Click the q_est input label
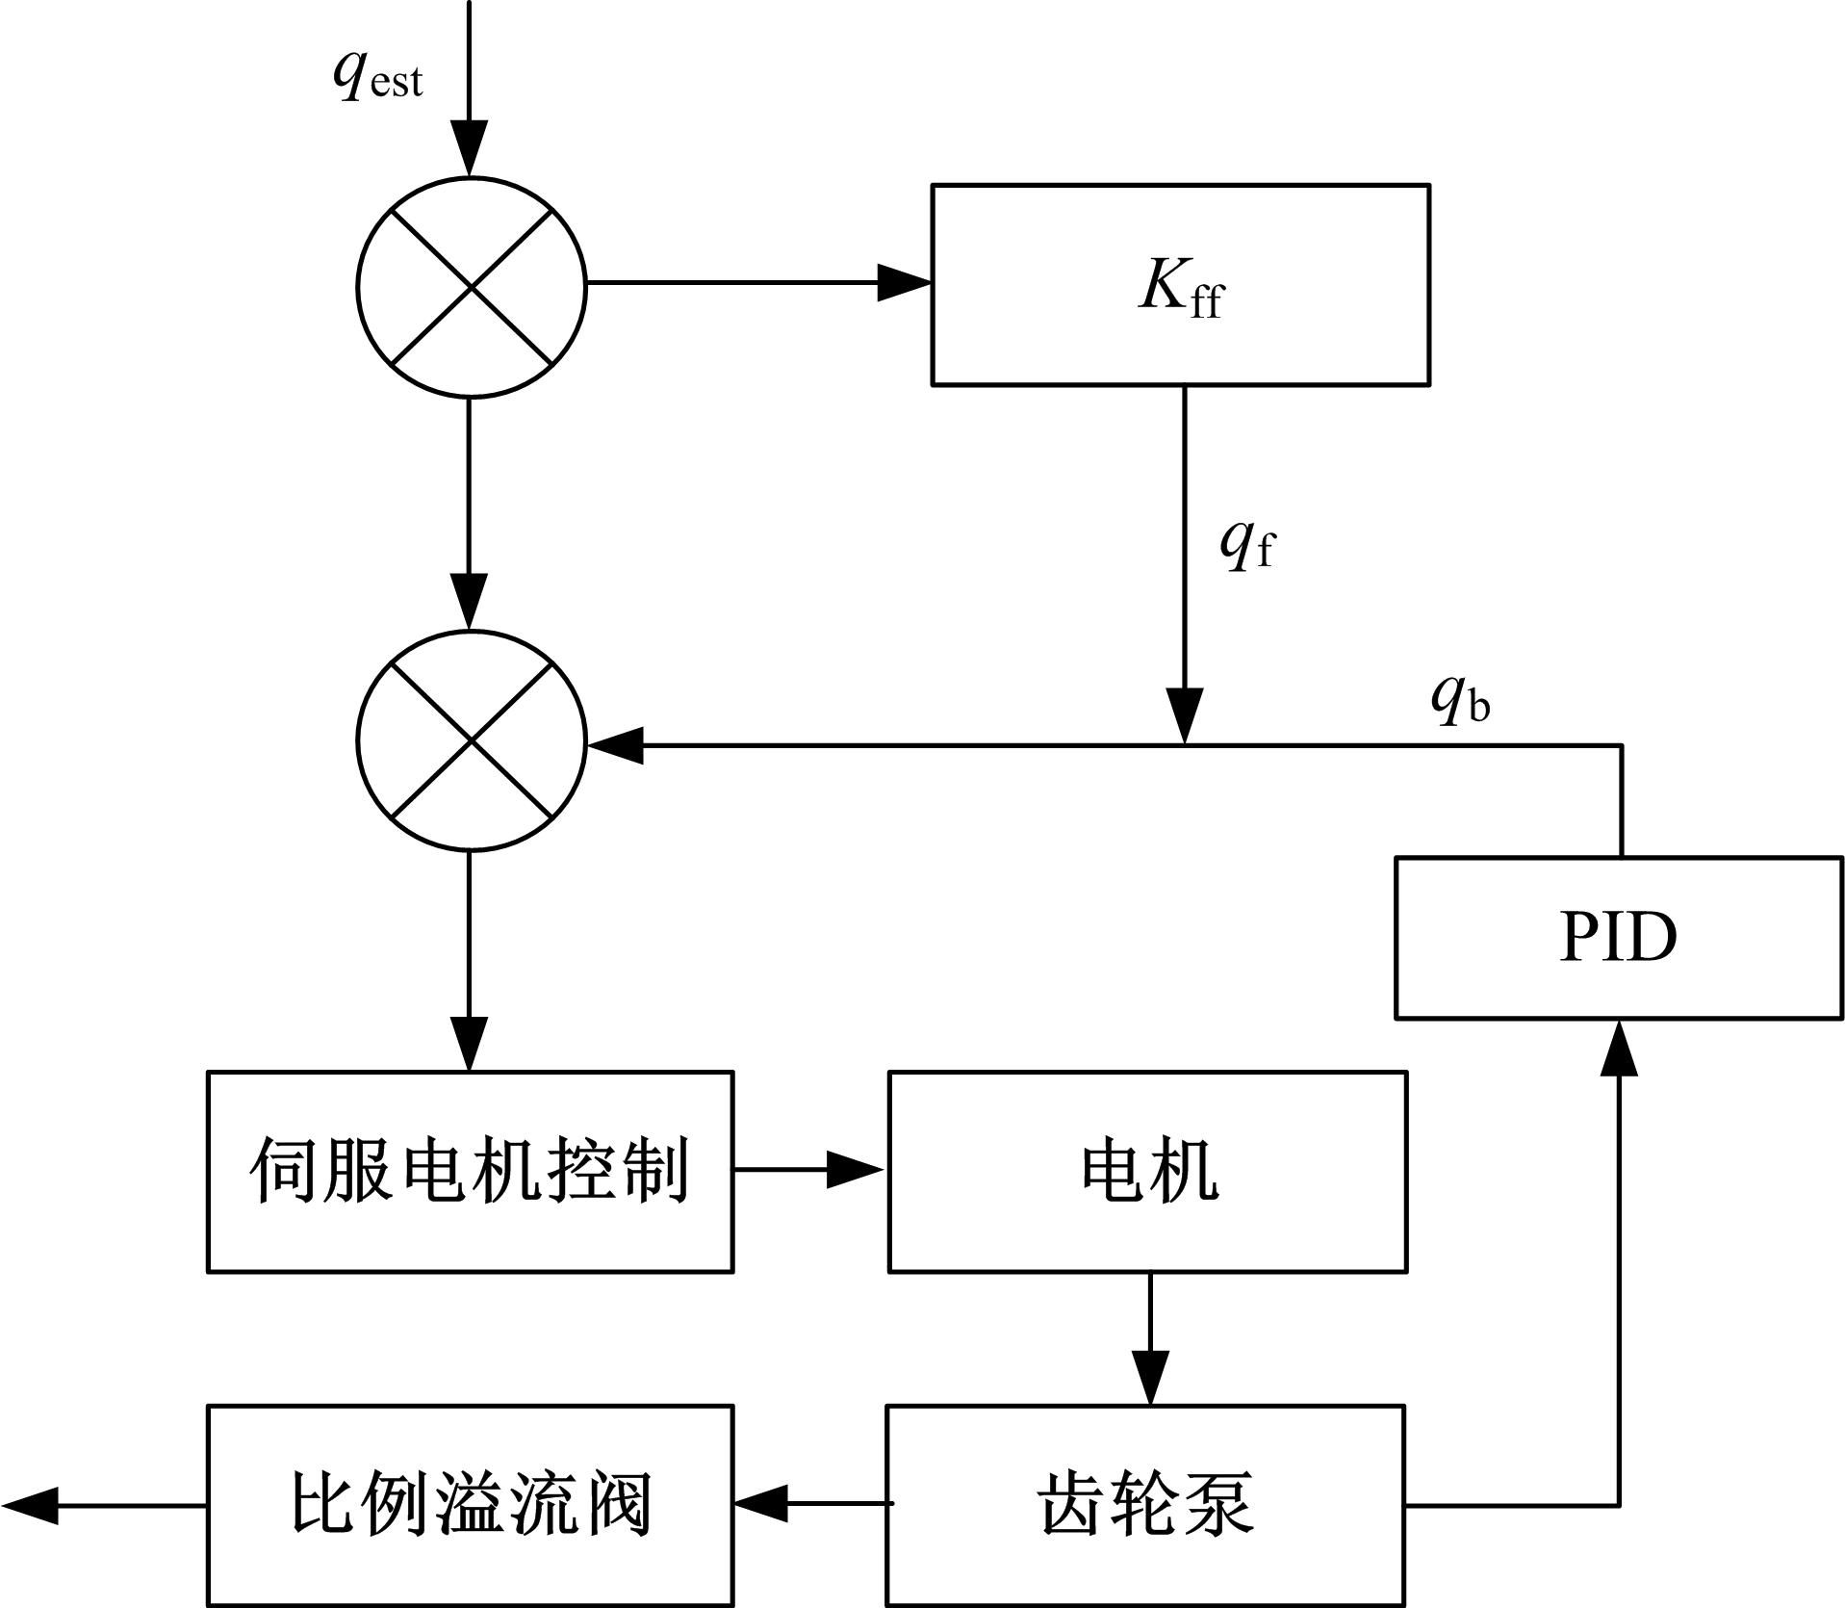tap(377, 75)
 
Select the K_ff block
tap(1180, 285)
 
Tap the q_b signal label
tap(1459, 698)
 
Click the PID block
tap(1618, 937)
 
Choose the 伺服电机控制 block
tap(470, 1171)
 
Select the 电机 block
tap(1147, 1171)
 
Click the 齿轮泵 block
tap(1145, 1504)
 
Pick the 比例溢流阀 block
tap(470, 1504)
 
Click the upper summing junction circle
tap(471, 286)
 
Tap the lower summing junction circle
tap(471, 740)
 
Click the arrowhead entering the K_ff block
tap(905, 283)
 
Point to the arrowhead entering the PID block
tap(1621, 1048)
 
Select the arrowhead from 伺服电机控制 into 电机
tap(857, 1170)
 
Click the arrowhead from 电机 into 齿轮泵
tap(1149, 1379)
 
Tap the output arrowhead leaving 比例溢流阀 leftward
tap(29, 1505)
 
